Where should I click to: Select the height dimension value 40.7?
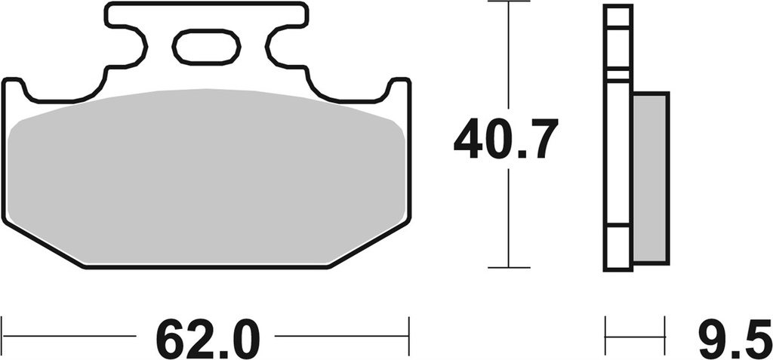pyautogui.click(x=506, y=139)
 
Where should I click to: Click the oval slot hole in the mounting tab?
pyautogui.click(x=206, y=47)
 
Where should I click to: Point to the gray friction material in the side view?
pyautogui.click(x=650, y=178)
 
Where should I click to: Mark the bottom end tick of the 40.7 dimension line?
pyautogui.click(x=508, y=267)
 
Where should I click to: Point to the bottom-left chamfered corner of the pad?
pyautogui.click(x=42, y=245)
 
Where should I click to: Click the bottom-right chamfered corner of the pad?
pyautogui.click(x=370, y=245)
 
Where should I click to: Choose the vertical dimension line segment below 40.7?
pyautogui.click(x=508, y=219)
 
